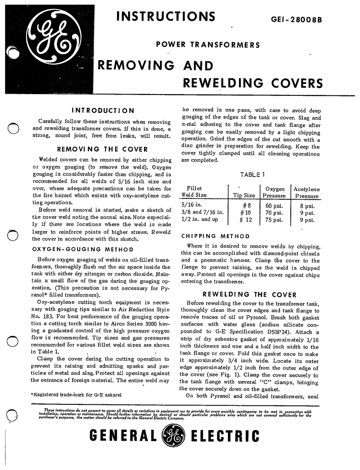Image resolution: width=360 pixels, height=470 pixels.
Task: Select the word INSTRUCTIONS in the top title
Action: click(166, 17)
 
